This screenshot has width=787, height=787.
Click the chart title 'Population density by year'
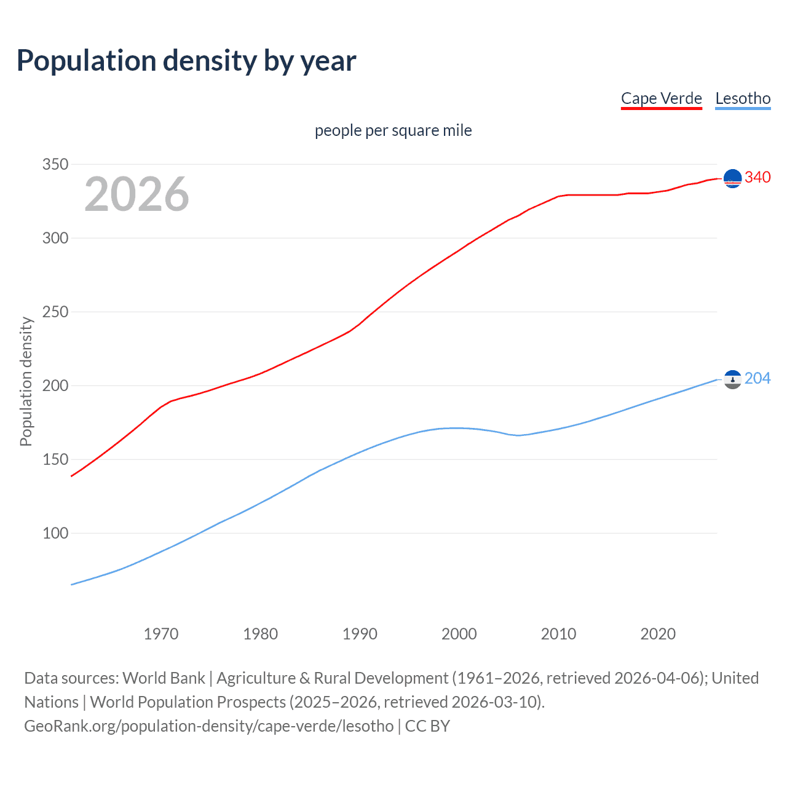point(186,61)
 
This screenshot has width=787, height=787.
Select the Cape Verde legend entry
point(661,98)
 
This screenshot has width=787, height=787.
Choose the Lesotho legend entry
point(743,98)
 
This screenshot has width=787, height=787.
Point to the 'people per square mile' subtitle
point(393,130)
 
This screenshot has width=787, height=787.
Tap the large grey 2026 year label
point(136,194)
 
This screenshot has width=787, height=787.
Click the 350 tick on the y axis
point(55,164)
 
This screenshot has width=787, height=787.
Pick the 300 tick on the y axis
point(55,238)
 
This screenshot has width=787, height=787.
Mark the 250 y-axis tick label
point(55,312)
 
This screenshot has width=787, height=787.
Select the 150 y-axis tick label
point(55,459)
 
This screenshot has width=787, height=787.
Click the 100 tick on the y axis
point(55,533)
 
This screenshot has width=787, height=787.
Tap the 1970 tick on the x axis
point(161,634)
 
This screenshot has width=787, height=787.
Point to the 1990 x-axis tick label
point(360,634)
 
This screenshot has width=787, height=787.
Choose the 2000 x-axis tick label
point(459,634)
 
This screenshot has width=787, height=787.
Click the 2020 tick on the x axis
point(658,634)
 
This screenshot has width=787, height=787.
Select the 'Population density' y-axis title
point(26,381)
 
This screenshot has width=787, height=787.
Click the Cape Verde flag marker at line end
point(732,178)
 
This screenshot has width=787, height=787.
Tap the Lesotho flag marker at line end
point(732,380)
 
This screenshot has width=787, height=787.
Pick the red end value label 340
point(757,177)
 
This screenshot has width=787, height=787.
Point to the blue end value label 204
point(757,378)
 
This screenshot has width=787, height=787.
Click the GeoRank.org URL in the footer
point(209,726)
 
